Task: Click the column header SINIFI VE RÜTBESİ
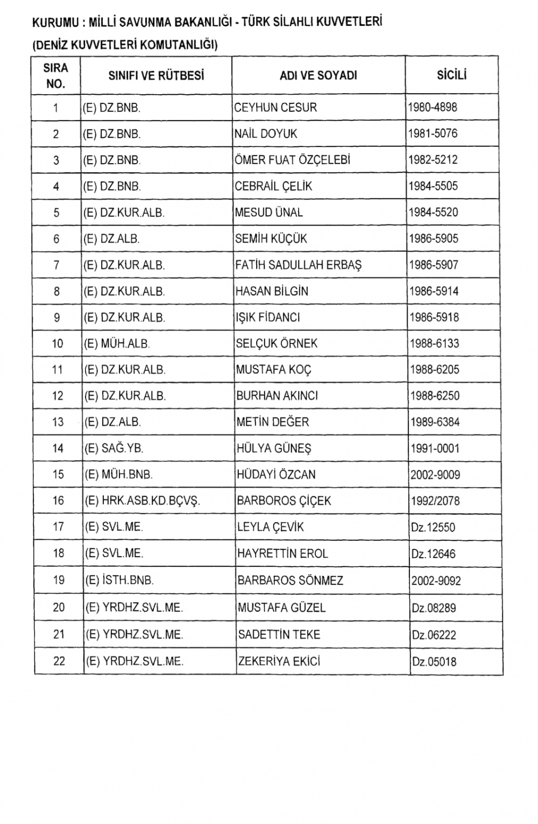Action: pos(156,76)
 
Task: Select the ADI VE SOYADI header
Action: pos(318,76)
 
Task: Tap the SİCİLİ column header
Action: pos(451,75)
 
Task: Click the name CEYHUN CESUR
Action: pos(275,108)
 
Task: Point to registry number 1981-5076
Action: pos(433,133)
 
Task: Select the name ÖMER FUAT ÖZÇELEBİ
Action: pos(292,160)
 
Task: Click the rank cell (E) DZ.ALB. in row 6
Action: pos(111,239)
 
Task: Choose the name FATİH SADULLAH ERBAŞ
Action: pos(298,265)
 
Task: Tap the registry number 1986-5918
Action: pos(434,318)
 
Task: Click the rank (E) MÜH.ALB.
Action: pos(117,344)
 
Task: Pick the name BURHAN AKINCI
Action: pos(277,396)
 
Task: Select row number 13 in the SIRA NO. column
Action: pos(58,422)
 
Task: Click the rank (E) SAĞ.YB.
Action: pos(114,448)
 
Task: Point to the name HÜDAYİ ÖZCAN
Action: pos(276,475)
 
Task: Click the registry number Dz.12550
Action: pos(433,527)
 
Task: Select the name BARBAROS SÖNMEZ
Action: pos(290,581)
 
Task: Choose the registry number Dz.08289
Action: pos(434,608)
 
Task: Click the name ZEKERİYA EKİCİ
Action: pos(279,661)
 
